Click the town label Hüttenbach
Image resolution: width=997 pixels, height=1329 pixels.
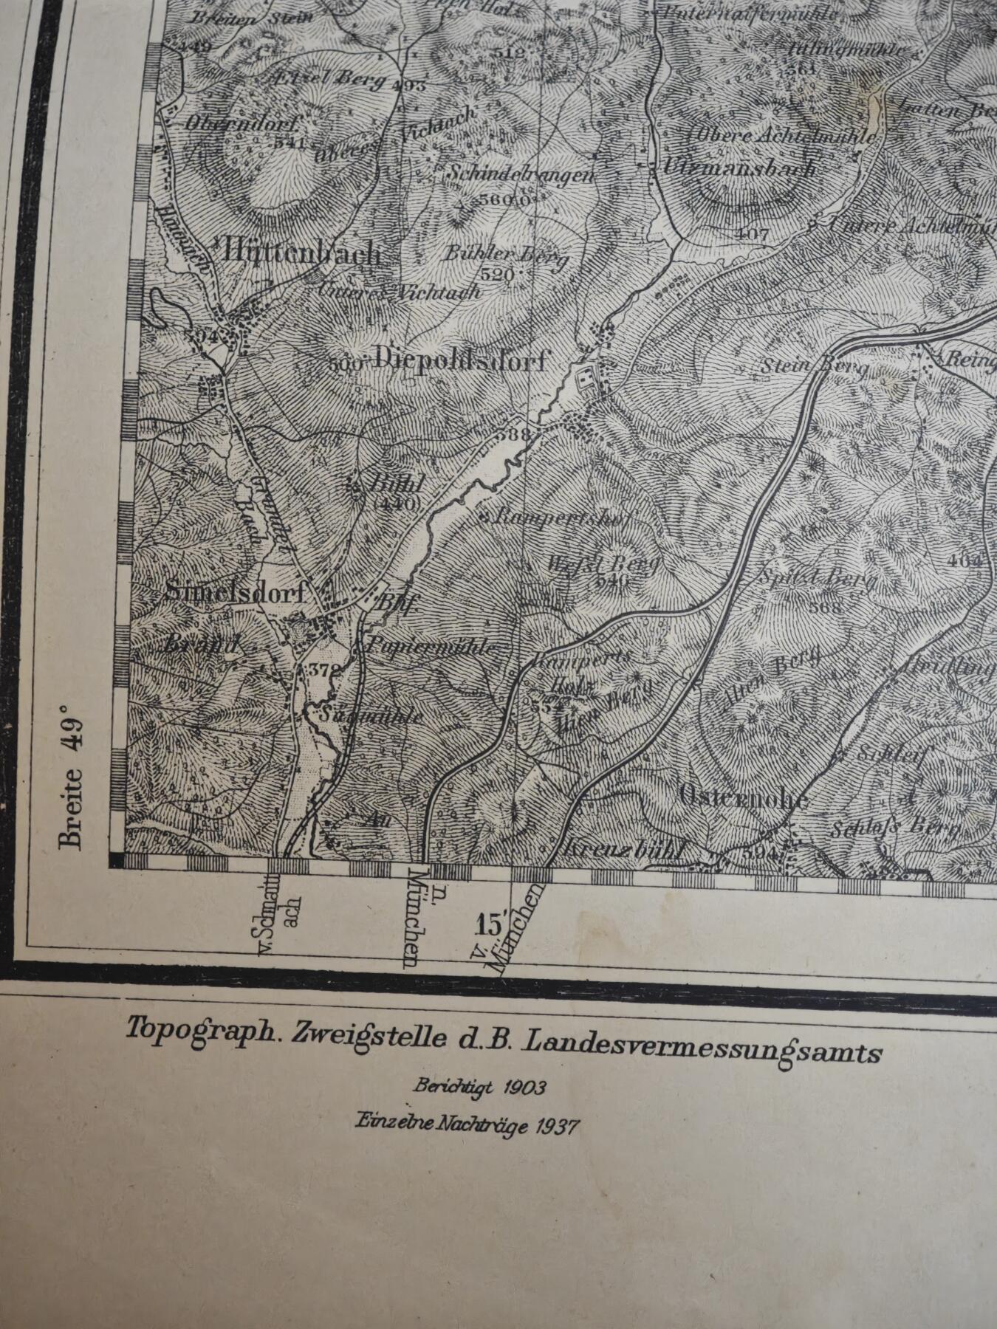tap(301, 253)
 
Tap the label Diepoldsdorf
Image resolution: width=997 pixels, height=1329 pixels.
tap(461, 360)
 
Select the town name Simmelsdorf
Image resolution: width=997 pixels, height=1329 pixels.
tap(234, 591)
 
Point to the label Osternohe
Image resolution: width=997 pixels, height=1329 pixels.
tap(743, 797)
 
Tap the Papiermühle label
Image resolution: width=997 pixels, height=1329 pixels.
tap(431, 647)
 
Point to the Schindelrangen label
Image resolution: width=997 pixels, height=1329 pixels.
tap(521, 176)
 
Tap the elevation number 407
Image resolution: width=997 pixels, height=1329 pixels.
tap(753, 234)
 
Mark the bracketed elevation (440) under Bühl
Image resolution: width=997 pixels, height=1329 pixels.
tap(397, 504)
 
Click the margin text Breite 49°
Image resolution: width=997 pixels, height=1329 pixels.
tap(72, 776)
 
